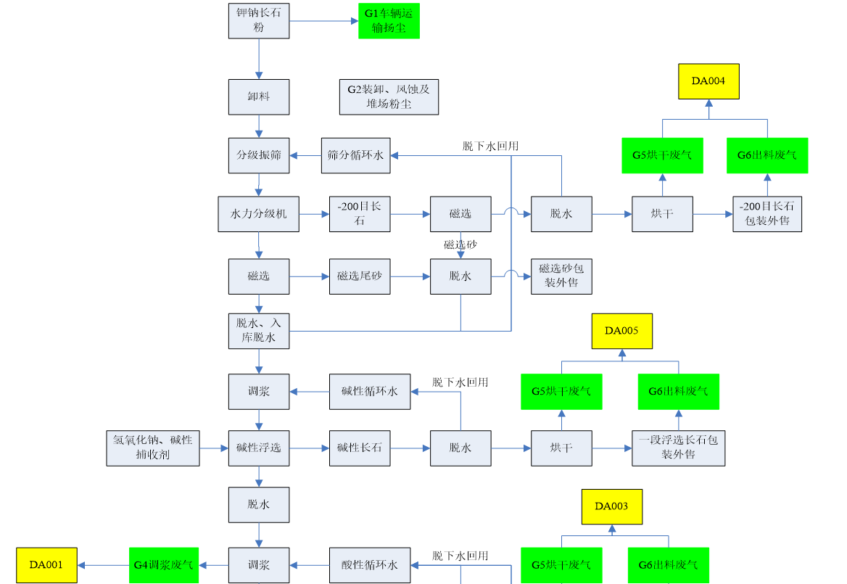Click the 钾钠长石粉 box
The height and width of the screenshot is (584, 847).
click(259, 20)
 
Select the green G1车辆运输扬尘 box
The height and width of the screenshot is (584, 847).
click(389, 20)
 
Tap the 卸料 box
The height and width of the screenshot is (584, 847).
click(259, 96)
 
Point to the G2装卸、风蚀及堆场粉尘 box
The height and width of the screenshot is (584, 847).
click(389, 96)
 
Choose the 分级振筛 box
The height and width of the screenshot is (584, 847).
click(259, 155)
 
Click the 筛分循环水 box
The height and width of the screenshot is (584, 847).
click(355, 155)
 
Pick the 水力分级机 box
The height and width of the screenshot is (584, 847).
click(258, 214)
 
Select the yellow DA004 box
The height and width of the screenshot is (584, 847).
click(708, 81)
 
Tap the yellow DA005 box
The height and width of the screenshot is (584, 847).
click(621, 331)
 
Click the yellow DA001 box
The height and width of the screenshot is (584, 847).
click(46, 565)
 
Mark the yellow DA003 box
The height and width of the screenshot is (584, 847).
click(611, 506)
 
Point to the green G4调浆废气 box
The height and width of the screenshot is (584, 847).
click(164, 565)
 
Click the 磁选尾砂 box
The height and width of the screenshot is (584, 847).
click(360, 276)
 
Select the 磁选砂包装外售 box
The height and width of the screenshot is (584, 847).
click(561, 276)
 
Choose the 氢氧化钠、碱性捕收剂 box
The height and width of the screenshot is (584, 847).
click(153, 448)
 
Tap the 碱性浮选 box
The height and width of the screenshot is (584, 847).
click(259, 448)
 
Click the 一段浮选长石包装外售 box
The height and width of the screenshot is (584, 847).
click(678, 448)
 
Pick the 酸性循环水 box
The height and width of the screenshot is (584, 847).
click(369, 565)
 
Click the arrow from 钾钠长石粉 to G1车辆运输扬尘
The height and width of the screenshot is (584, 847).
click(323, 20)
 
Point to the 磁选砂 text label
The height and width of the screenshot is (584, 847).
click(460, 245)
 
